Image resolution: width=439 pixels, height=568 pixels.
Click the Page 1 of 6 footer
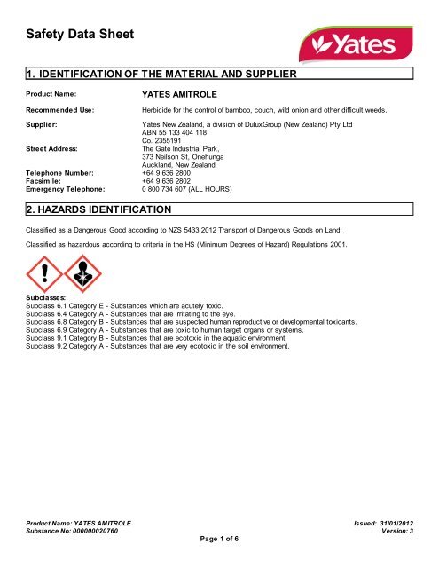tap(218, 540)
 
